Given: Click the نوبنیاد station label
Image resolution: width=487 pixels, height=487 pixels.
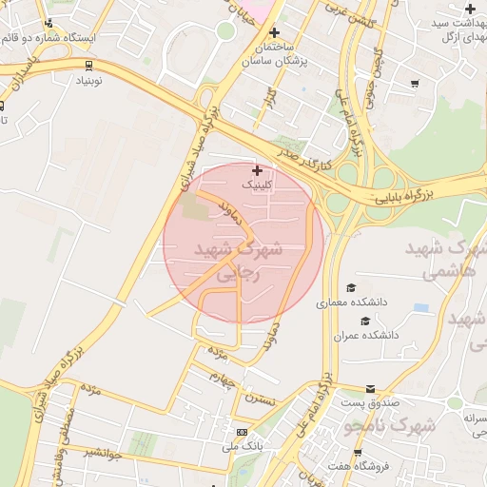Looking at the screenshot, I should tap(88, 83).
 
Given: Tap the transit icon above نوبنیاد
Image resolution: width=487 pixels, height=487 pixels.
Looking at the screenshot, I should tap(88, 66).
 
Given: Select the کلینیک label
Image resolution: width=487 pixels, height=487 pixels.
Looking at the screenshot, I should tap(257, 185).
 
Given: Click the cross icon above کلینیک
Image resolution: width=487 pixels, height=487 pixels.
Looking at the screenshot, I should tap(257, 170).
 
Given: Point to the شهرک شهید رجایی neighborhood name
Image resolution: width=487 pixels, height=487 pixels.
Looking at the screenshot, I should tap(239, 262).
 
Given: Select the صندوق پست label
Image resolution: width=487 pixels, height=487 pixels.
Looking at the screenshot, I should tap(370, 403).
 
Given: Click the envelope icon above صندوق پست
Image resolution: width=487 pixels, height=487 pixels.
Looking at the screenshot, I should tap(370, 388).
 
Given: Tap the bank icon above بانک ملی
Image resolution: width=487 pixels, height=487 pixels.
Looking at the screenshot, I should tap(241, 431).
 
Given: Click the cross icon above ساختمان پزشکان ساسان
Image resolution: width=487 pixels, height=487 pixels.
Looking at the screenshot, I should tap(275, 32).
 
